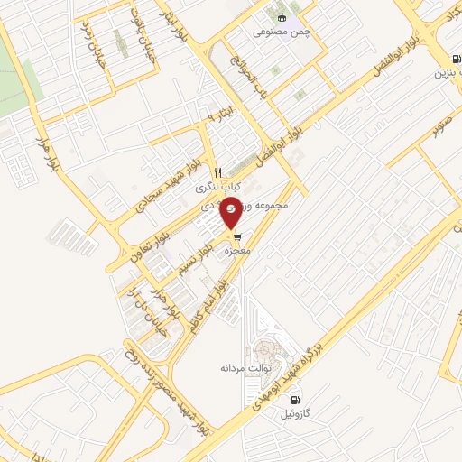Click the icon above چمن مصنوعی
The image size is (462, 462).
point(282,18)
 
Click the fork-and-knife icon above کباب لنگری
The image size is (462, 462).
point(217,173)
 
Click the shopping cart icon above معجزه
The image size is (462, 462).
point(236,236)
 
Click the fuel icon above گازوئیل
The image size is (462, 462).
point(294,400)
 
